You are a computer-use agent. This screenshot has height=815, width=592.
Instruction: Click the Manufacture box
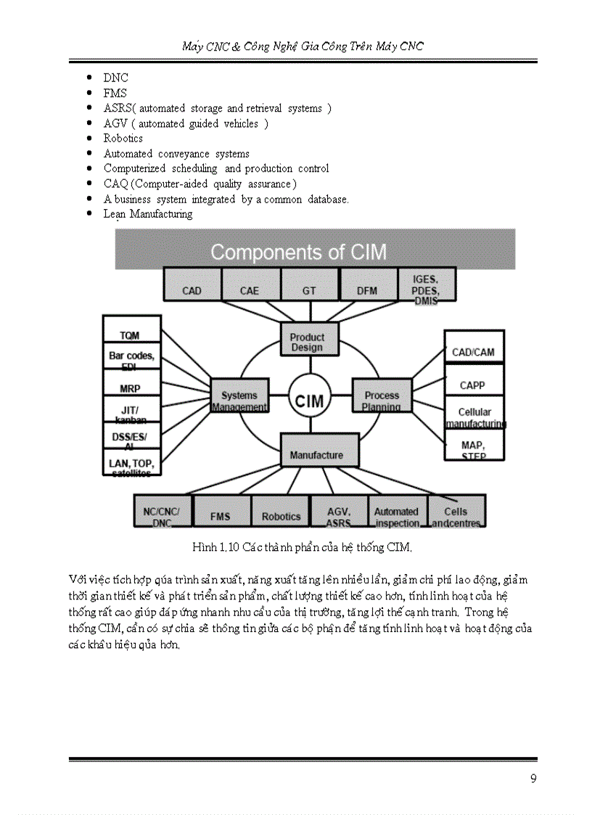[318, 451]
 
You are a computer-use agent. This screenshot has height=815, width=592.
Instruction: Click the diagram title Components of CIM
[298, 253]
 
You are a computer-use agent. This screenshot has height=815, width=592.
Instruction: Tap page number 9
[533, 779]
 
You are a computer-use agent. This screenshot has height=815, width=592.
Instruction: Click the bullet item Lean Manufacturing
[147, 214]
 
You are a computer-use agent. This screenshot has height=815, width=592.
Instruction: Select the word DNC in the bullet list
[115, 78]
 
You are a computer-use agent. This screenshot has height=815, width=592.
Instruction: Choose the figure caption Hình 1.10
[302, 546]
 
